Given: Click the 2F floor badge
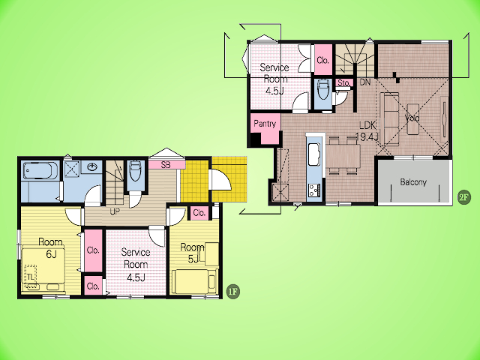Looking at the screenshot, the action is click(463, 197).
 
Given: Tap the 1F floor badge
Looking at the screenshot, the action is click(233, 292).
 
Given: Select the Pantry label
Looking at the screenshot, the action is click(265, 123).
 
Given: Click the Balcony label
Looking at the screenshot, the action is click(413, 181).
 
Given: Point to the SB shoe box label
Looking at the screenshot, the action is click(166, 165).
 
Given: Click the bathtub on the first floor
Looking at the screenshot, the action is click(40, 170).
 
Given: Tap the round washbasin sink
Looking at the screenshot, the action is click(92, 166).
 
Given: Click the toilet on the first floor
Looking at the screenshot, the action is click(135, 171).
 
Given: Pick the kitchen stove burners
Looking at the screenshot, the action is click(314, 190).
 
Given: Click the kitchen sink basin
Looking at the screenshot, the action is click(314, 154).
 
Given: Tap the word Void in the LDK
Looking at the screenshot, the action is click(412, 118).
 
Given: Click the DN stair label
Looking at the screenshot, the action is click(365, 82).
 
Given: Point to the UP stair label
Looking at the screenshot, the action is click(115, 211).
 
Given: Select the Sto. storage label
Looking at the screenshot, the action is click(343, 83).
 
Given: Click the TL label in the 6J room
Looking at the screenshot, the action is click(30, 277).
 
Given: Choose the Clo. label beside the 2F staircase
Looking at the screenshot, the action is click(323, 60).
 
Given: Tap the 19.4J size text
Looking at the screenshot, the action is click(367, 136).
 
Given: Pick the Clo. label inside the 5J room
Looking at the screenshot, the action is click(199, 213).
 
